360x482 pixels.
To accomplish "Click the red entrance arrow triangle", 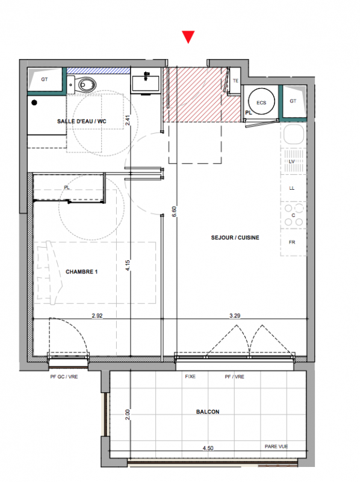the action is coord(188,36).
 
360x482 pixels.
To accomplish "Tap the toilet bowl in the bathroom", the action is coord(87,84).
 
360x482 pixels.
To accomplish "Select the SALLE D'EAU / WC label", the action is coord(82,122).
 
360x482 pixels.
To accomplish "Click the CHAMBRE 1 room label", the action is coord(81,272).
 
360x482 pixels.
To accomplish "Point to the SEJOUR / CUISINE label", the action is coord(235,237).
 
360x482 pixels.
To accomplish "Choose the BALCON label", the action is coord(208,412).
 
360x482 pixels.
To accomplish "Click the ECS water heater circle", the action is coord(261,101).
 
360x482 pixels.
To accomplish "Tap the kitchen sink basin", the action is coord(294,134).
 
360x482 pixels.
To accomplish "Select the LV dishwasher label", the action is coord(292,161).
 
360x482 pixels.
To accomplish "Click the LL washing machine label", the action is coord(292,188).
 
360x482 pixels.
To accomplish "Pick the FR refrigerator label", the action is coord(292,242).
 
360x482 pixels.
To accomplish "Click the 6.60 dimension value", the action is coord(174,212).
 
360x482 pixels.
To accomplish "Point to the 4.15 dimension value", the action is coord(128,265).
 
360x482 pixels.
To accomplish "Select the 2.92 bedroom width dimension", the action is coord(97,315).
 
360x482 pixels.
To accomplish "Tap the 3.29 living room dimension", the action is coord(235,315).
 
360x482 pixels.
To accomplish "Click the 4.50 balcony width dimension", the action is coord(208,448).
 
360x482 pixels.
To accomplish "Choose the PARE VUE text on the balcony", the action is coord(276,446).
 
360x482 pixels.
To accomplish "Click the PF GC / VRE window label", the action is coord(64,377).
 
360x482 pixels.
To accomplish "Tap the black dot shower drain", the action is coord(34,102).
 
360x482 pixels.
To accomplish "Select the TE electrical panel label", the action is coord(235,81).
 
